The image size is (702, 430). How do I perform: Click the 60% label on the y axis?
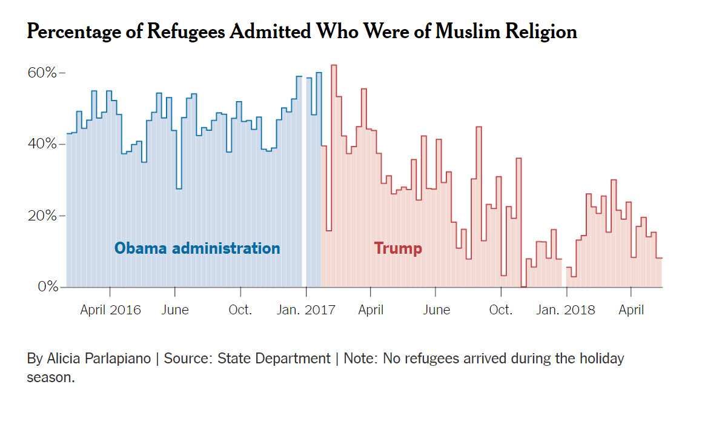(42, 73)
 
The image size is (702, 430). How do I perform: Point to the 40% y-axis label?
(42, 144)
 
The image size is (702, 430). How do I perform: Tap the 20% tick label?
(42, 216)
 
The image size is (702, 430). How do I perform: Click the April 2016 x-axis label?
(110, 310)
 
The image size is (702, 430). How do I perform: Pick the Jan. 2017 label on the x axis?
(306, 310)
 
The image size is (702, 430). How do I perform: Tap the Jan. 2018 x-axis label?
(566, 310)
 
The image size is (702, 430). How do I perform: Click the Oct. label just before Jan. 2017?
(240, 310)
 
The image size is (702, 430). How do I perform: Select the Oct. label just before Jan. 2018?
(500, 310)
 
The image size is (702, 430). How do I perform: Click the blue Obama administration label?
(197, 248)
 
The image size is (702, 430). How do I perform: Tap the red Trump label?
(398, 248)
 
